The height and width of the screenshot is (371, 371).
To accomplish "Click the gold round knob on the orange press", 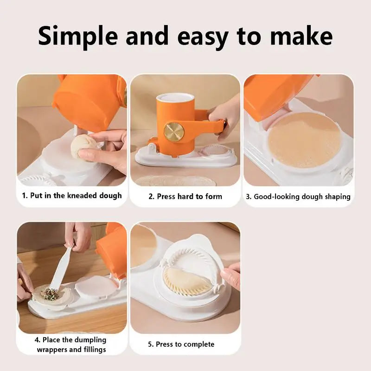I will click(x=174, y=132).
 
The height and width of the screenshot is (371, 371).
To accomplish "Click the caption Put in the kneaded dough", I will click(x=72, y=195).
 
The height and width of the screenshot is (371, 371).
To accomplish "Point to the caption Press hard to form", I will click(x=185, y=196).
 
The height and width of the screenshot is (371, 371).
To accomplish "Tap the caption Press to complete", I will click(x=181, y=344).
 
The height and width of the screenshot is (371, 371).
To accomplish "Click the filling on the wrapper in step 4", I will click(x=50, y=294).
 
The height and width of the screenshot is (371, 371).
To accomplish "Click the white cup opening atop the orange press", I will click(x=175, y=98).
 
